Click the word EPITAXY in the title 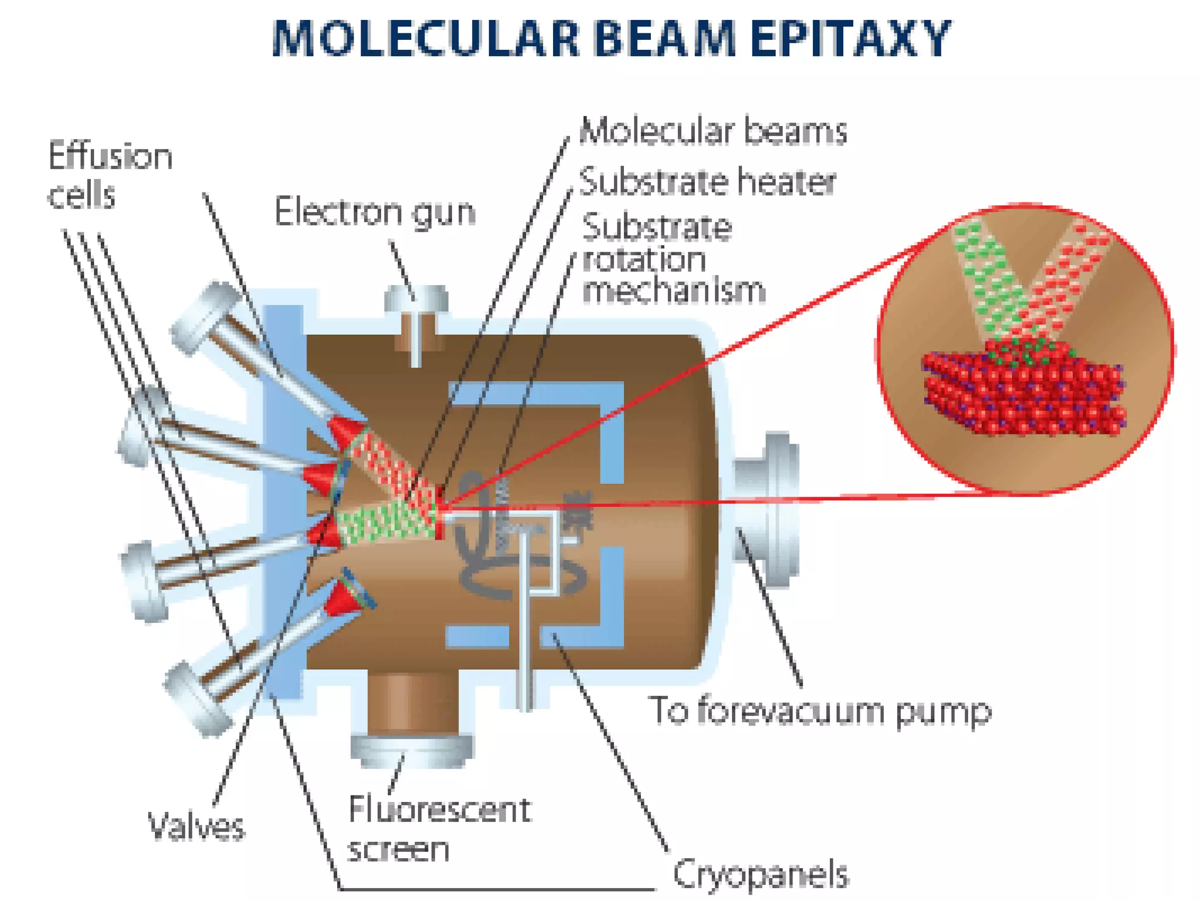point(850,39)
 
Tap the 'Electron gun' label point(375,212)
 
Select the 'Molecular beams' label point(713,131)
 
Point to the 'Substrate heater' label point(707,182)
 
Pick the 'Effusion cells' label point(110,175)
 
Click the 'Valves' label point(196,827)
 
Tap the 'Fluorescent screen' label point(439,829)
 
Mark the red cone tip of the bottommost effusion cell point(346,598)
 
